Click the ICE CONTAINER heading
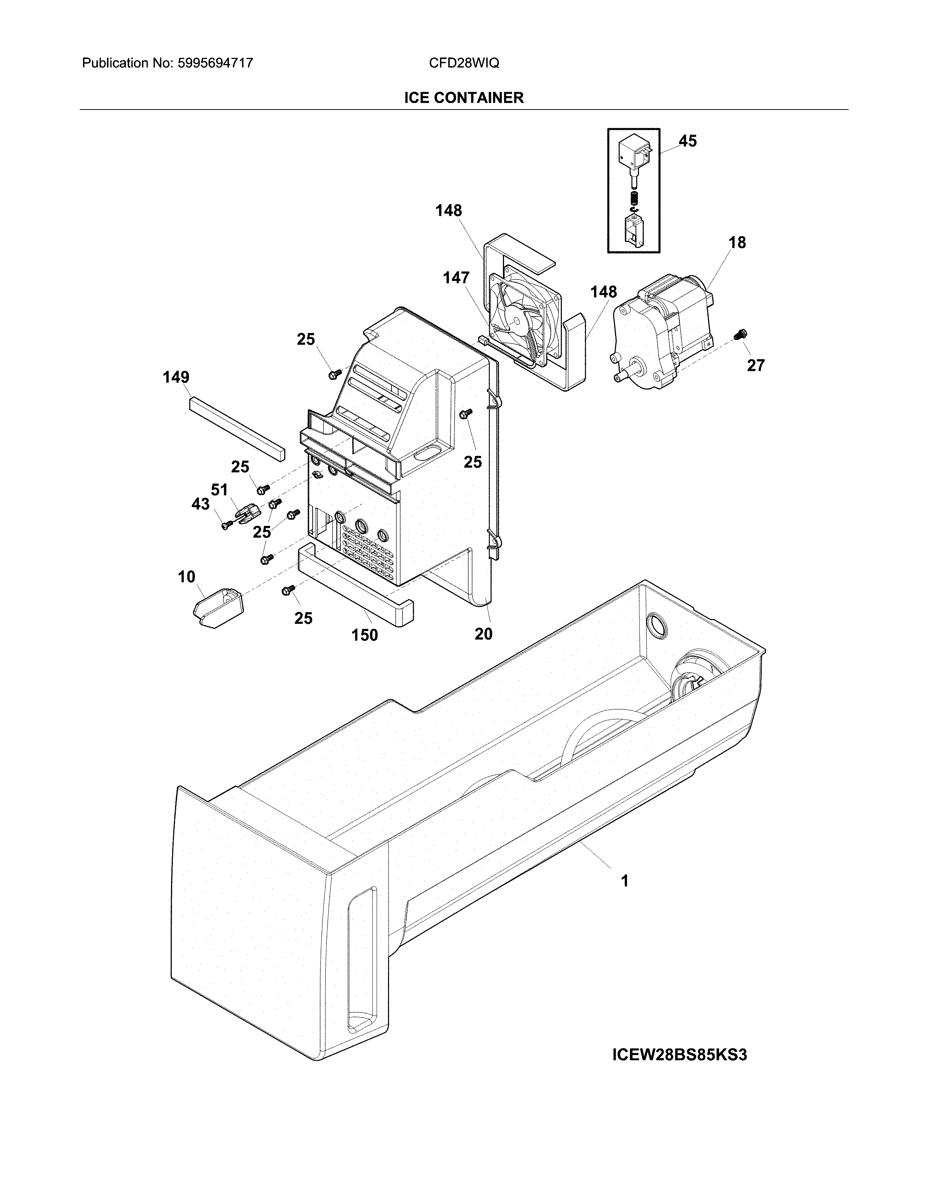(463, 98)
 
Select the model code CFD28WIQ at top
(463, 63)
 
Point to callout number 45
(687, 141)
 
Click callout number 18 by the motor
(737, 242)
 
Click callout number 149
(176, 377)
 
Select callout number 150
(365, 635)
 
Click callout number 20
(483, 634)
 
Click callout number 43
(200, 504)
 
